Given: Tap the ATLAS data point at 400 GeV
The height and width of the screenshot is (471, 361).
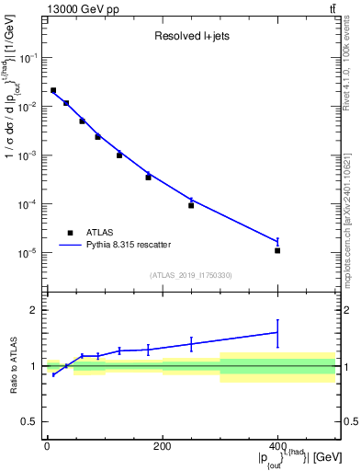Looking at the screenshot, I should click(x=277, y=250).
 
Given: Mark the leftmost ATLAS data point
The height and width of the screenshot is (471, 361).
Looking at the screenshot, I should click(x=53, y=90).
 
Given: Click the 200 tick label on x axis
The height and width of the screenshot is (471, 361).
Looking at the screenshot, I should click(x=162, y=447).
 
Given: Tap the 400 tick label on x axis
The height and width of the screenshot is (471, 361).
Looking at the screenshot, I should click(x=277, y=447).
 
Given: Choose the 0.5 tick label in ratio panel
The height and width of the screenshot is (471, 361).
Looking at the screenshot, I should click(x=33, y=422).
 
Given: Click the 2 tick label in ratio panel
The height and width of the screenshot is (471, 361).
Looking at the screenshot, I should click(x=37, y=310).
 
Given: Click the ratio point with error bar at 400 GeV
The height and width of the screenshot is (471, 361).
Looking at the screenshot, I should click(x=277, y=333).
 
